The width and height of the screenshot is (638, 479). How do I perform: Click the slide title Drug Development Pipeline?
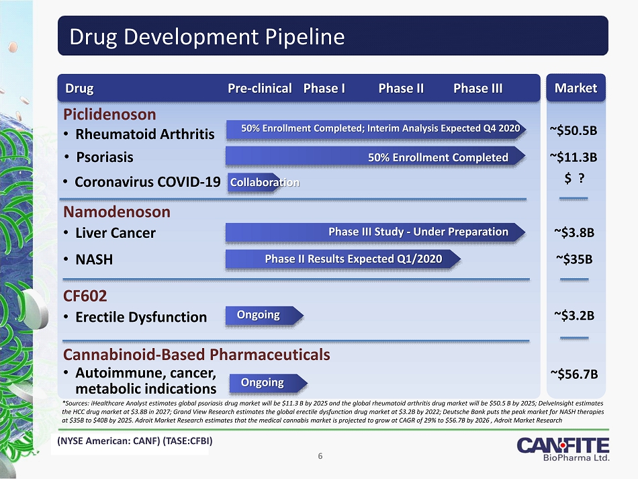pyautogui.click(x=207, y=37)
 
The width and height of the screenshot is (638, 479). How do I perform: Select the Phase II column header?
pyautogui.click(x=401, y=88)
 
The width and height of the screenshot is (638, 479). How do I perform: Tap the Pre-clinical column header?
pyautogui.click(x=260, y=88)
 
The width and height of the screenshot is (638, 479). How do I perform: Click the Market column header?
pyautogui.click(x=576, y=88)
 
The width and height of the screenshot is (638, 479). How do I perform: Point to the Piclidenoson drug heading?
pyautogui.click(x=109, y=114)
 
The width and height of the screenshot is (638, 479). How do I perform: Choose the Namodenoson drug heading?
pyautogui.click(x=117, y=212)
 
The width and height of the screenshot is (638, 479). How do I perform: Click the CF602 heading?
pyautogui.click(x=85, y=296)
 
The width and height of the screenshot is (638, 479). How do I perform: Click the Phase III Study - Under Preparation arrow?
pyautogui.click(x=375, y=232)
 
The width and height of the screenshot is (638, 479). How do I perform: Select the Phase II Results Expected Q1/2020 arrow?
pyautogui.click(x=343, y=259)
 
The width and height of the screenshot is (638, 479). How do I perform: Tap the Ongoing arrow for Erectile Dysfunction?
pyautogui.click(x=265, y=315)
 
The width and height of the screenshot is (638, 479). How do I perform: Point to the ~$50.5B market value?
pyautogui.click(x=574, y=130)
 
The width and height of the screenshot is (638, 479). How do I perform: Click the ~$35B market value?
pyautogui.click(x=574, y=259)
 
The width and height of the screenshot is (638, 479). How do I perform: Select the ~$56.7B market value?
pyautogui.click(x=574, y=374)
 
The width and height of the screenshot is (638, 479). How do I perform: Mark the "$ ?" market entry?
pyautogui.click(x=574, y=178)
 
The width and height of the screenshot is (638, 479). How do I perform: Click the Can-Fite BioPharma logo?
pyautogui.click(x=563, y=449)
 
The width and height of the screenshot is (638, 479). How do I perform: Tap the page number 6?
pyautogui.click(x=320, y=456)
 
